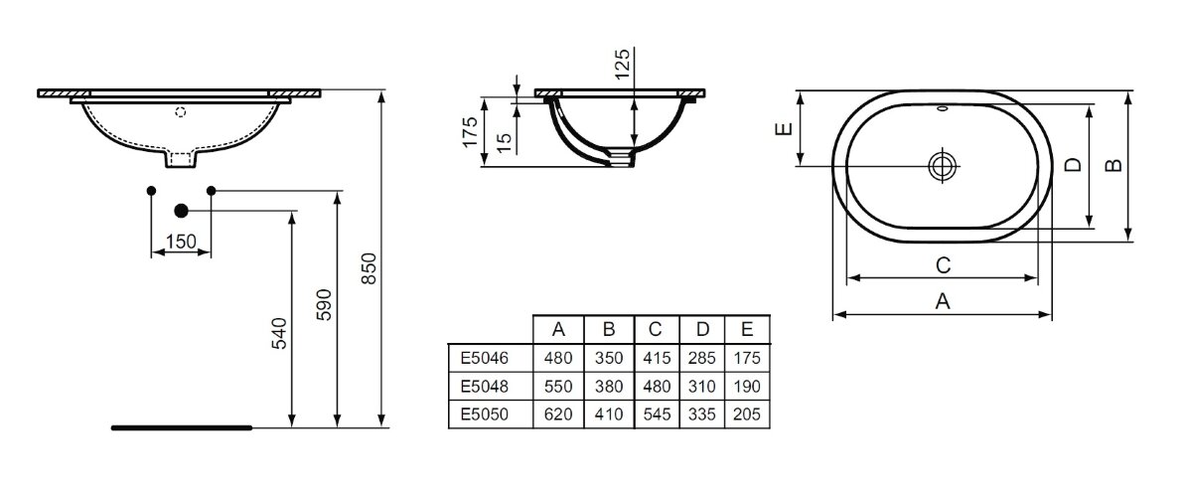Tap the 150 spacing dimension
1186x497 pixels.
pos(181,242)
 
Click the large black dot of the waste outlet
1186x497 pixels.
pos(181,211)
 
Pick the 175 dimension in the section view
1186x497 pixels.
pos(471,131)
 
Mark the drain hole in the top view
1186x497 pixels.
pos(941,166)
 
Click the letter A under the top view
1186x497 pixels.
pos(944,303)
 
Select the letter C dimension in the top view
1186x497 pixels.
pos(944,264)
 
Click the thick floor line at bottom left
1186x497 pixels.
pos(181,427)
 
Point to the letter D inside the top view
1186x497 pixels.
pos(1073,165)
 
